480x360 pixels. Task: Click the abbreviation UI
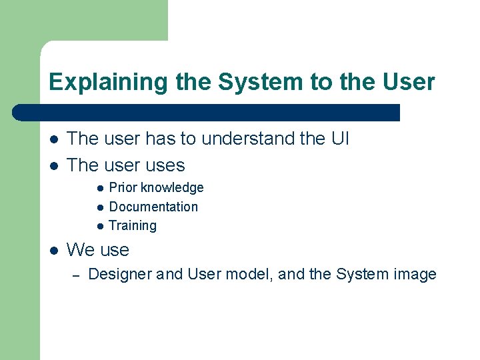tap(338, 139)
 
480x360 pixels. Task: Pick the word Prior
tap(123, 188)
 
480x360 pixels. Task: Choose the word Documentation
tap(153, 207)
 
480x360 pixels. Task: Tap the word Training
tap(133, 225)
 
